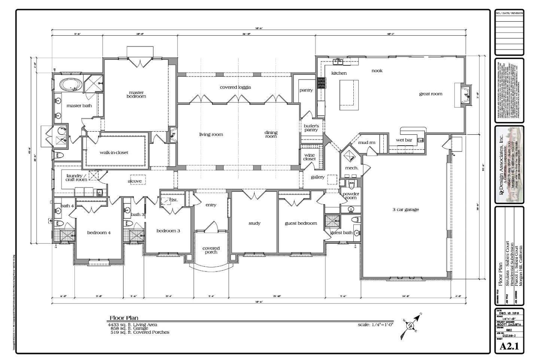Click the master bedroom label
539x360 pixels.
[136, 94]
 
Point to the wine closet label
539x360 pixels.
[309, 157]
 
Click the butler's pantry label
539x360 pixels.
[311, 128]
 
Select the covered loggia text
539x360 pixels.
[235, 87]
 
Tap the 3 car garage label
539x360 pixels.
[405, 210]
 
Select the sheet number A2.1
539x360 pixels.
[509, 346]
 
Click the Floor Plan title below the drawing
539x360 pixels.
[124, 318]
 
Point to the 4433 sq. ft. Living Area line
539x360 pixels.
[133, 325]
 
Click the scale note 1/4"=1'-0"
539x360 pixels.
[375, 325]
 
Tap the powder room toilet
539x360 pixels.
[351, 186]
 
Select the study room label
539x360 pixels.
[254, 223]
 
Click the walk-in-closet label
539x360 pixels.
[114, 153]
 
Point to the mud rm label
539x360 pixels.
[366, 142]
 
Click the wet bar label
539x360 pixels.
[404, 140]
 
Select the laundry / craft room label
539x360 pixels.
[76, 177]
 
